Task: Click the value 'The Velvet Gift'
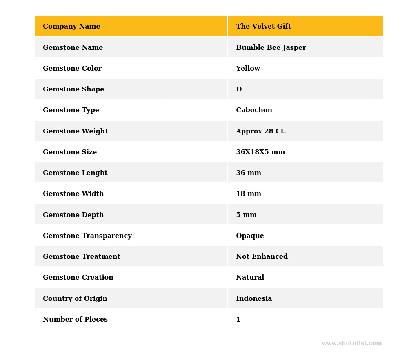(x=263, y=27)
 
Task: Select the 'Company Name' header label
(x=71, y=27)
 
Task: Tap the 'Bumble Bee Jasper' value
(x=271, y=48)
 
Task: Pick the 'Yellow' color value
(x=248, y=69)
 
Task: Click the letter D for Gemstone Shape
(x=239, y=89)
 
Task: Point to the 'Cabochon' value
(x=254, y=110)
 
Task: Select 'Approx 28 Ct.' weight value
(x=261, y=131)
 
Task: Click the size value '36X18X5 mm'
(x=260, y=152)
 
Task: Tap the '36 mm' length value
(x=249, y=173)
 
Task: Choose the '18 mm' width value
(x=249, y=194)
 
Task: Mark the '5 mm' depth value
(x=246, y=215)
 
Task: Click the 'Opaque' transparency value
(x=250, y=236)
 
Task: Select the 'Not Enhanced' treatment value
(x=262, y=257)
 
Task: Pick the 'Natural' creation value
(x=250, y=278)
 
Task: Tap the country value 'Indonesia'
(x=254, y=299)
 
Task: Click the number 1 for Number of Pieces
(x=238, y=320)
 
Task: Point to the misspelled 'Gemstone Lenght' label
(x=75, y=173)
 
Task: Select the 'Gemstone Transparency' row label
(x=87, y=236)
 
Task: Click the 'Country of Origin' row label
(x=75, y=299)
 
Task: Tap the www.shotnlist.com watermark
(x=351, y=344)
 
